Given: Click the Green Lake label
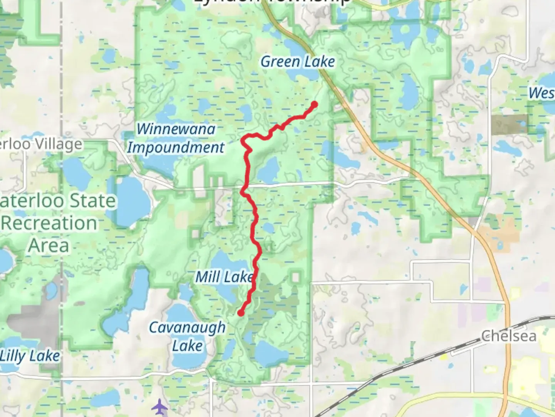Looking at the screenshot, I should click(x=298, y=62).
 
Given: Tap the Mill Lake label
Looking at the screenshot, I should click(x=224, y=277).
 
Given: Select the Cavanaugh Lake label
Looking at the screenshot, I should click(x=187, y=336).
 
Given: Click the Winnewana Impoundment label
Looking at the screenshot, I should click(x=176, y=138).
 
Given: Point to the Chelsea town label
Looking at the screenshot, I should click(x=509, y=336).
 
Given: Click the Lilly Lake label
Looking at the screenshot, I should click(x=30, y=356).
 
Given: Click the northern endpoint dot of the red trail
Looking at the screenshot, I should click(x=314, y=104).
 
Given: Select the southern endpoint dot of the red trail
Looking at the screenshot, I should click(x=240, y=313).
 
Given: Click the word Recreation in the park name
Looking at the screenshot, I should click(x=49, y=223).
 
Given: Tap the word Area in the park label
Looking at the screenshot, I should click(x=49, y=246).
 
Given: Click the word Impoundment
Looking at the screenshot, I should click(x=176, y=147).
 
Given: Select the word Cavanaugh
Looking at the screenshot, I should click(x=187, y=327).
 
